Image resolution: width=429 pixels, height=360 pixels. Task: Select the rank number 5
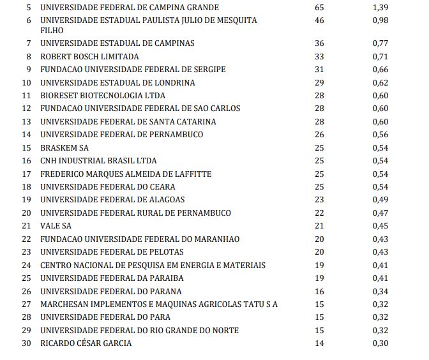click(x=27, y=7)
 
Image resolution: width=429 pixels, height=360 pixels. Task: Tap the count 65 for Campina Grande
click(x=319, y=7)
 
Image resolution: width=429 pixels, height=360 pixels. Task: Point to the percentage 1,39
click(x=380, y=7)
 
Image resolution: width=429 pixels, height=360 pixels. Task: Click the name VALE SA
click(x=56, y=226)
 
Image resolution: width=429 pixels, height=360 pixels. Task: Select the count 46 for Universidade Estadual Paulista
click(x=319, y=20)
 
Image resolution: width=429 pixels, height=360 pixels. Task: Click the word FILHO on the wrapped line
click(x=52, y=30)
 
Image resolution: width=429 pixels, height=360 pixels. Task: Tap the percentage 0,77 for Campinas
click(x=380, y=43)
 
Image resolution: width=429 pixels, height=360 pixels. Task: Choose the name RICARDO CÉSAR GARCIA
click(x=86, y=343)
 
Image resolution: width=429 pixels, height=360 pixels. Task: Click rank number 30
click(x=26, y=343)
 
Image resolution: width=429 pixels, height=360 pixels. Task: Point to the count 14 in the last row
click(x=319, y=343)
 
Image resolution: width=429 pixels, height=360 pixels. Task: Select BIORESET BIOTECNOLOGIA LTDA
click(x=98, y=95)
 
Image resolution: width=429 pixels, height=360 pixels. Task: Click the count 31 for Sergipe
click(x=319, y=70)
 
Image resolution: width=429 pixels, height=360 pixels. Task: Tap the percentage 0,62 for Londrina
click(x=380, y=82)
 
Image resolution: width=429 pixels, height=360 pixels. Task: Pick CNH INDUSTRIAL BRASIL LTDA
click(x=98, y=161)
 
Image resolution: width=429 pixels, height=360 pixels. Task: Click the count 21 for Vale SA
click(x=319, y=226)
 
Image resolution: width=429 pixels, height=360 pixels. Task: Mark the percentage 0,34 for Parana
click(x=380, y=291)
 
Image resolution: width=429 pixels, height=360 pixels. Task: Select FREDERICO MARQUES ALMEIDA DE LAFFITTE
click(x=126, y=174)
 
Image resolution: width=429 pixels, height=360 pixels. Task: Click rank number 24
click(x=26, y=265)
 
